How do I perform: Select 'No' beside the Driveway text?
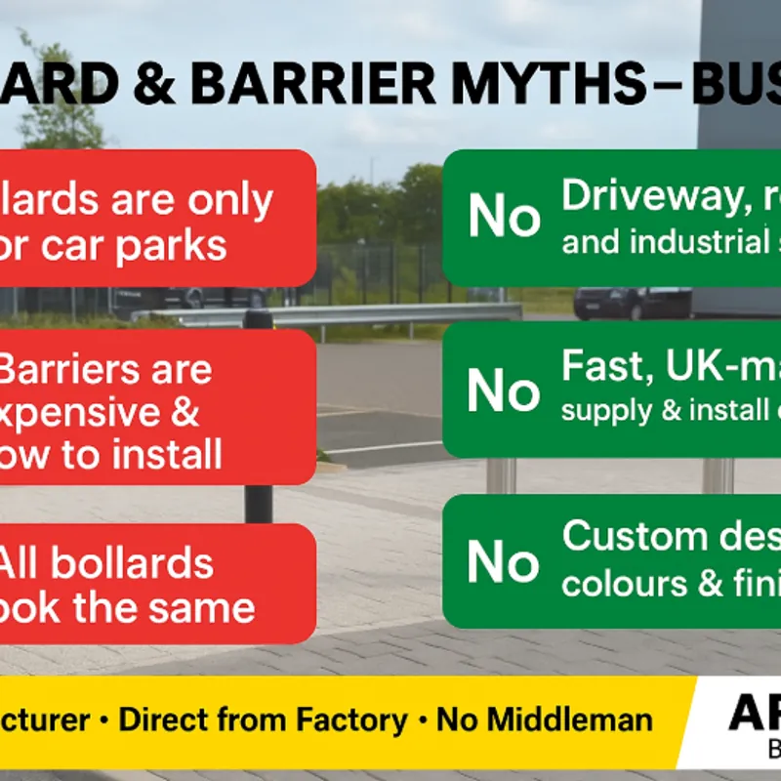click(x=504, y=217)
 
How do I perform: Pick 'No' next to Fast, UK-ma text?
click(x=504, y=390)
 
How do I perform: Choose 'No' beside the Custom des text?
click(x=504, y=561)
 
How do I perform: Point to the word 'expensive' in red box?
click(x=98, y=413)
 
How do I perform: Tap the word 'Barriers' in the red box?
click(x=104, y=370)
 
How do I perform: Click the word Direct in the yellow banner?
click(x=164, y=720)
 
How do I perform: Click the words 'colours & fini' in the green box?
click(x=670, y=584)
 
